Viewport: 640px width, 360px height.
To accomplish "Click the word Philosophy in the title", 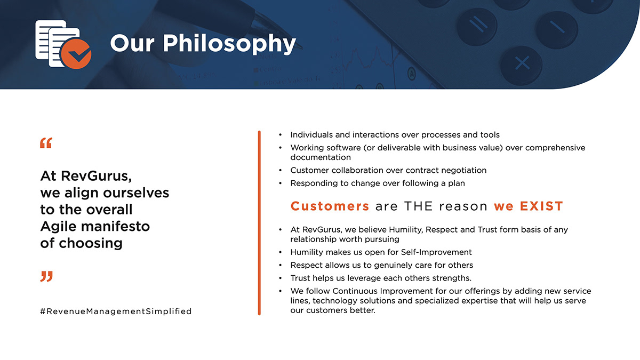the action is (x=229, y=44).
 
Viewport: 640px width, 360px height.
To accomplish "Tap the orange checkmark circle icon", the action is (x=76, y=54).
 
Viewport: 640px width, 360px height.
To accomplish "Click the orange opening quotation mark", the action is (x=46, y=143).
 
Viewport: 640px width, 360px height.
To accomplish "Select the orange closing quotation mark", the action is (x=46, y=277).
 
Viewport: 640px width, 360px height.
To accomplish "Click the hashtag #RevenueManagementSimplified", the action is (x=116, y=311).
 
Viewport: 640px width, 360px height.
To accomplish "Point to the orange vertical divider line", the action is (x=259, y=223).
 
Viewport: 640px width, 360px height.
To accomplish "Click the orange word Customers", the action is (x=330, y=206).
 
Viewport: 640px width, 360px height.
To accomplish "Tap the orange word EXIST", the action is (x=541, y=206).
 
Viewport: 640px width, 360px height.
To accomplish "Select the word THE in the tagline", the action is (x=419, y=206).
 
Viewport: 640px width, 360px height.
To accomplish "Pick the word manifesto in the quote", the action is (x=115, y=227).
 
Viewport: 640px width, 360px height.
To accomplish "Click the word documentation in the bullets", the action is (x=321, y=157).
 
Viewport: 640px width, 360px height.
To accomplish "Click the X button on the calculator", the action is (x=522, y=63).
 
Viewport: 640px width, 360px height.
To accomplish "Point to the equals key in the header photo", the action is (x=477, y=25).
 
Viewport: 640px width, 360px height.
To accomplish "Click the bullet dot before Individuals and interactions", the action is (x=281, y=134).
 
